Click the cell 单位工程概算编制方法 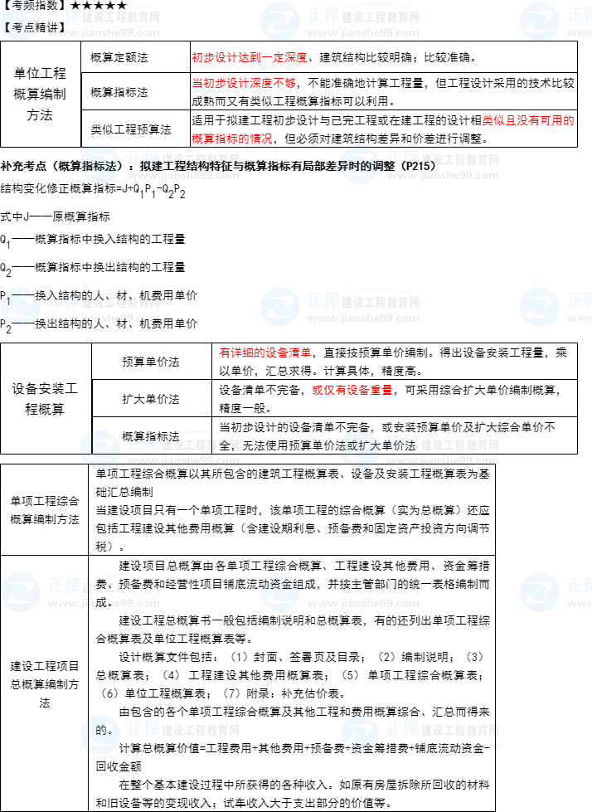point(40,95)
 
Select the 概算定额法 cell point(119,57)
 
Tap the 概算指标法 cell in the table point(119,92)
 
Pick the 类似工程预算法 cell point(131,129)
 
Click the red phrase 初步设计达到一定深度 point(249,57)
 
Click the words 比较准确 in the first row point(449,57)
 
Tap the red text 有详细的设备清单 point(264,353)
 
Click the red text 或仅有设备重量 point(352,390)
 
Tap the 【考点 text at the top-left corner point(20,26)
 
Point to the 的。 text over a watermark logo point(104,731)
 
